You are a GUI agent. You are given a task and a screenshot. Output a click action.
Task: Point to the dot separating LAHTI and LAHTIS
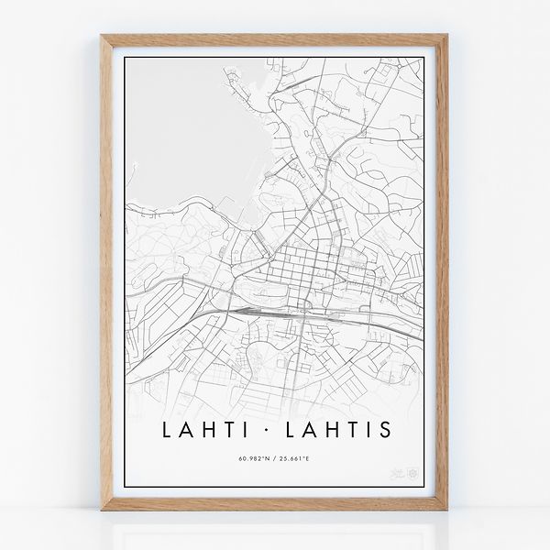(x=276, y=429)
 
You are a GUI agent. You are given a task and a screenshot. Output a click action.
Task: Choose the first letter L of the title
(x=166, y=429)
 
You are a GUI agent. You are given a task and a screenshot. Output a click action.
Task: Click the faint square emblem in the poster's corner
(x=412, y=475)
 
